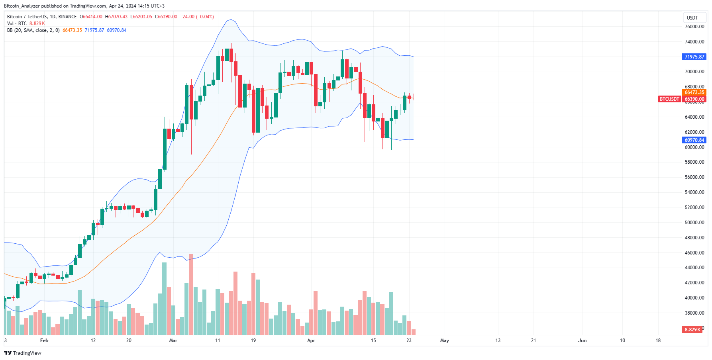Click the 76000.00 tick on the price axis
coord(694,27)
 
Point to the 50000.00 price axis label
coord(694,223)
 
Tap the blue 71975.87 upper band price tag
coord(694,57)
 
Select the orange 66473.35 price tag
coord(694,92)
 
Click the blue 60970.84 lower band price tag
coord(694,140)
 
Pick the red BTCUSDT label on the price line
coord(669,99)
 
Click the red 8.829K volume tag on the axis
coord(692,330)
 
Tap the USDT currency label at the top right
coord(692,18)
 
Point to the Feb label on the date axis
coord(44,340)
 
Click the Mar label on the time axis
coord(173,340)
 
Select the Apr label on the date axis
coord(311,340)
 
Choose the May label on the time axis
coord(444,340)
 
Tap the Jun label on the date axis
coord(583,340)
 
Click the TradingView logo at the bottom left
coord(23,353)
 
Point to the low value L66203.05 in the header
coord(141,17)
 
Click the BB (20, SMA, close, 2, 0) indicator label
coord(33,30)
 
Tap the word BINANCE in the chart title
coord(67,17)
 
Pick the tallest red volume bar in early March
coord(191,295)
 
